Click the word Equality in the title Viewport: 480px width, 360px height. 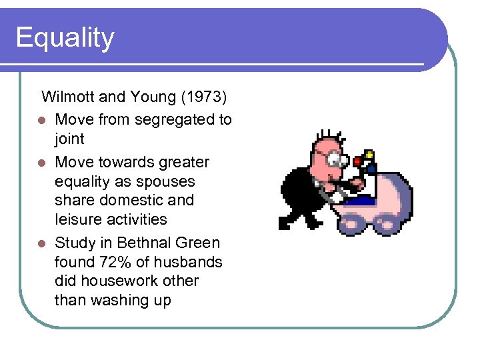[x=65, y=38]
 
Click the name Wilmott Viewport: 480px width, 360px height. [x=67, y=97]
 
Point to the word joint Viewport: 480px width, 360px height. [x=69, y=139]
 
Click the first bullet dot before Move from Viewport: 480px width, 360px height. [x=42, y=121]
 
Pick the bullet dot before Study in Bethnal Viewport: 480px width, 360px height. [x=42, y=243]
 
